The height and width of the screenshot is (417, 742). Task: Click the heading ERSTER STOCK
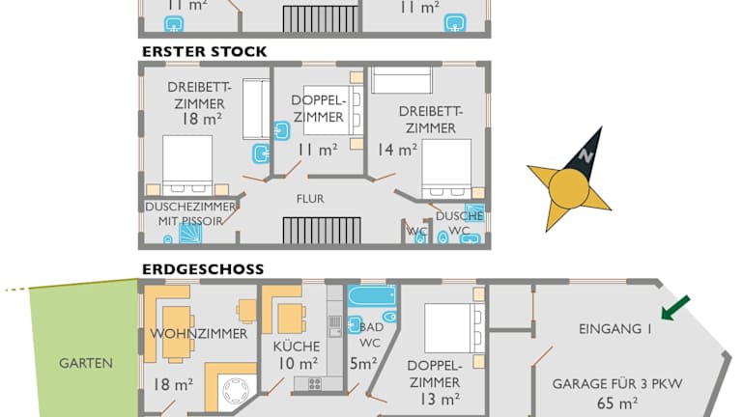[204, 51]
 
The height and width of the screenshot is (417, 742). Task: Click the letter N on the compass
[585, 155]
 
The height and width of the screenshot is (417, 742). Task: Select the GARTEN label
[86, 364]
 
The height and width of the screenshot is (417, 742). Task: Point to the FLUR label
[310, 199]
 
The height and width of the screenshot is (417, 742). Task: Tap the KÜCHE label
[296, 346]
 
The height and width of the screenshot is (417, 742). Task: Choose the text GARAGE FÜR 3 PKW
[617, 384]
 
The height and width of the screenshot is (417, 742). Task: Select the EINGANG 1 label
[615, 329]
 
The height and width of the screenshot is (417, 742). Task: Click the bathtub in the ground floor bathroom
[372, 295]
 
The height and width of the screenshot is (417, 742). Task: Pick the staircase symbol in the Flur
[321, 231]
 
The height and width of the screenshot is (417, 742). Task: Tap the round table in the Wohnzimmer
[235, 390]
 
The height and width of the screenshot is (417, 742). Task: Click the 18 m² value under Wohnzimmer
[173, 384]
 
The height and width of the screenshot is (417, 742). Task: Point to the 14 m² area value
[397, 150]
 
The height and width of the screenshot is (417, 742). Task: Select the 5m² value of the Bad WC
[362, 364]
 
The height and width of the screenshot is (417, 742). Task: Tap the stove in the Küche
[314, 383]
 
